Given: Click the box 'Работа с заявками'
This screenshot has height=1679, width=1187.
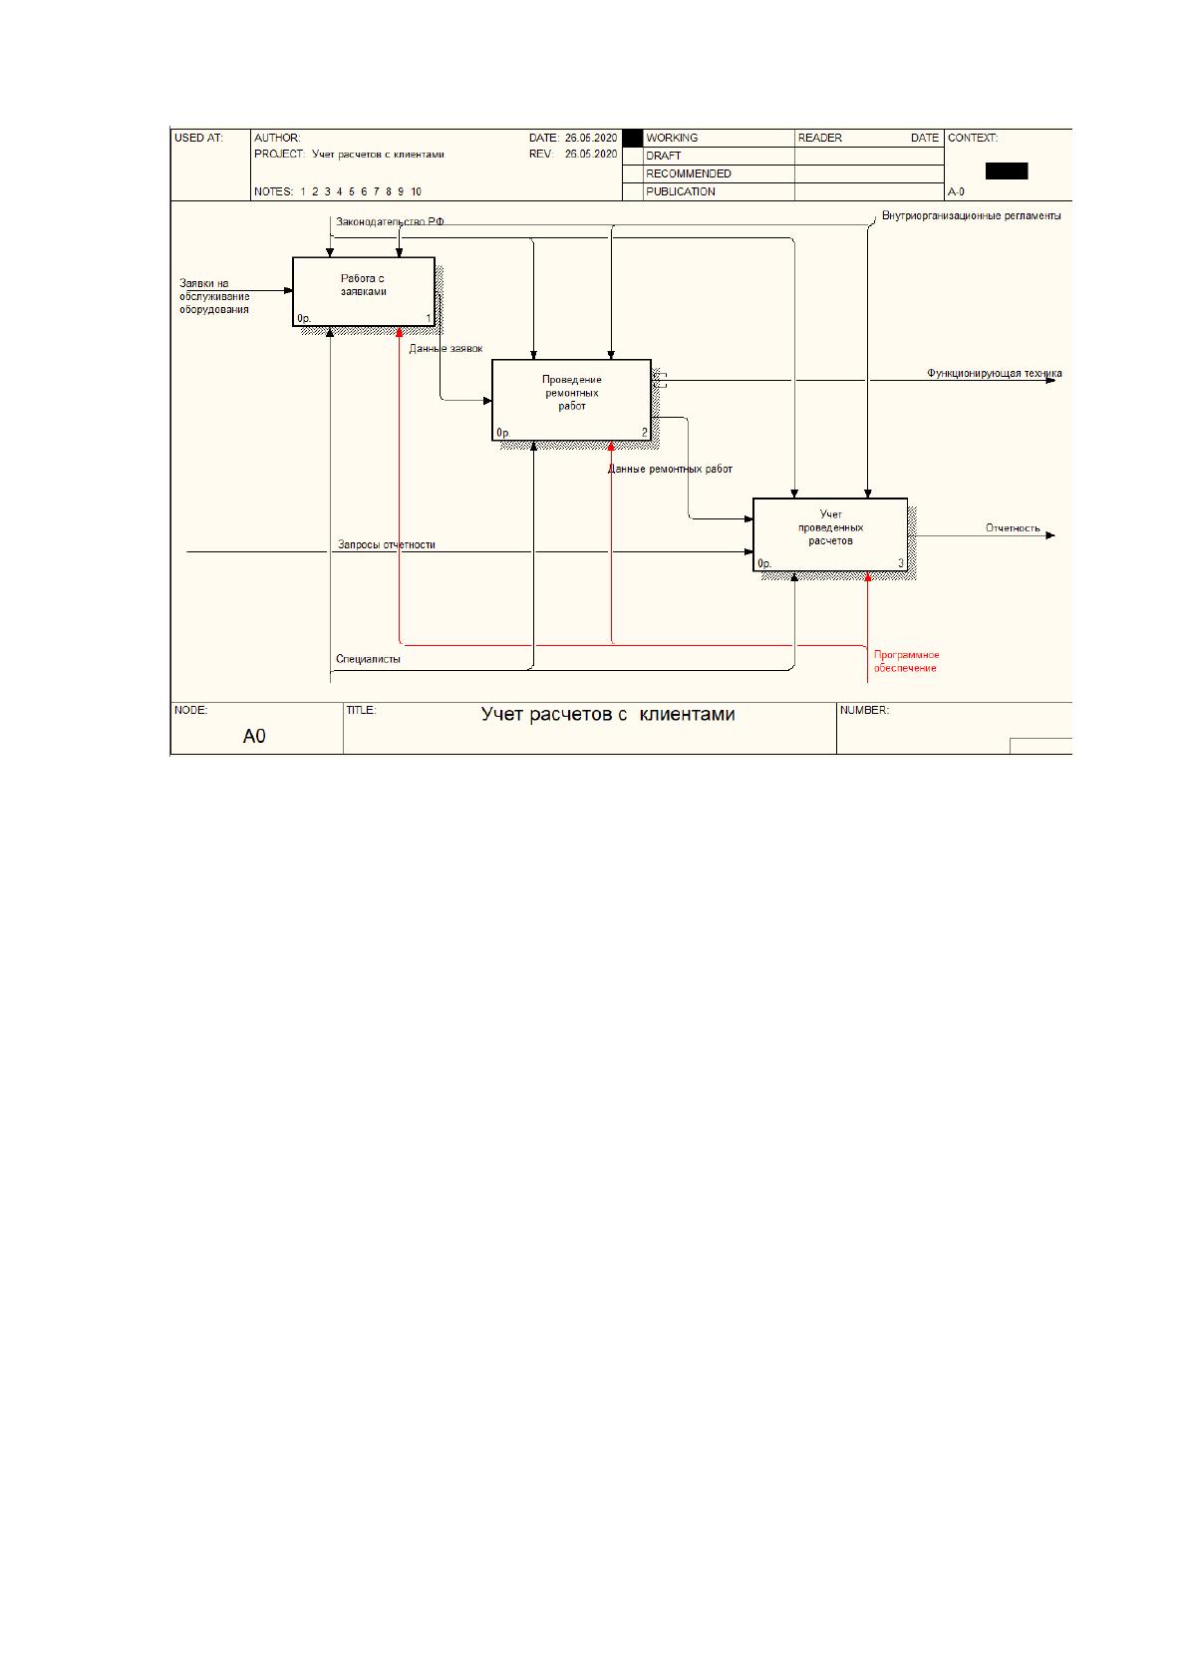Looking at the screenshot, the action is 364,291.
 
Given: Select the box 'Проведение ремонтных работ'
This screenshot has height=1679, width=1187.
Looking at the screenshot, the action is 571,400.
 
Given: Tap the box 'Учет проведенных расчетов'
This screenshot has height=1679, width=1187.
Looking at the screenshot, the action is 830,534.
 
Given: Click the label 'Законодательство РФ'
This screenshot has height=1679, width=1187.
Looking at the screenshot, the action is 390,222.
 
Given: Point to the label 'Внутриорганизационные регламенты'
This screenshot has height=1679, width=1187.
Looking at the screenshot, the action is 971,216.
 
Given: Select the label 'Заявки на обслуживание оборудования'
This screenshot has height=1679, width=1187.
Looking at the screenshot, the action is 214,296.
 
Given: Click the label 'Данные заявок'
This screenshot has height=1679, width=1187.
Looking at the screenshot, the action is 445,349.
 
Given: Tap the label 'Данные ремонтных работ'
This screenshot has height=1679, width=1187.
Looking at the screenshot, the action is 670,470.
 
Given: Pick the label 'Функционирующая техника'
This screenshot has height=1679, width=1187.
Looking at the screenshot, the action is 994,373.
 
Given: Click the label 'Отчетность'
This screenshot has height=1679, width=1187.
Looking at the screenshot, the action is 1013,528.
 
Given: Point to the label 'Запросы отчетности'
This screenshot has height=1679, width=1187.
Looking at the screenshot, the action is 386,545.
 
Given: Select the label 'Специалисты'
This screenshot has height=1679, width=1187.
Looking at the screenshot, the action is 368,660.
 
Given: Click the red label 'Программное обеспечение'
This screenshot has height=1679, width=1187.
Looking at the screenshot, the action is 906,662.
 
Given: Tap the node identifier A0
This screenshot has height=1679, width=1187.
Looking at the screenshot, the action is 254,737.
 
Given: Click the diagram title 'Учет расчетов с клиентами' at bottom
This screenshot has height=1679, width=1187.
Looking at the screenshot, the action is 608,714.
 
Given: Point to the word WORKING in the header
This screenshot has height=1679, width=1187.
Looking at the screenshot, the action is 672,138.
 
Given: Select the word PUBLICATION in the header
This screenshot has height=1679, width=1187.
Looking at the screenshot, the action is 681,191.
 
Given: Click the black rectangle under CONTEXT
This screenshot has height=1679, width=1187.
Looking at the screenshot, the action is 1007,170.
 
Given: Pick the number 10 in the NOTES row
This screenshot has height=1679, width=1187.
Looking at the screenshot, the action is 416,191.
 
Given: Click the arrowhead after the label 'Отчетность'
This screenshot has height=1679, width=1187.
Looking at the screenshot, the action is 1050,536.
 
